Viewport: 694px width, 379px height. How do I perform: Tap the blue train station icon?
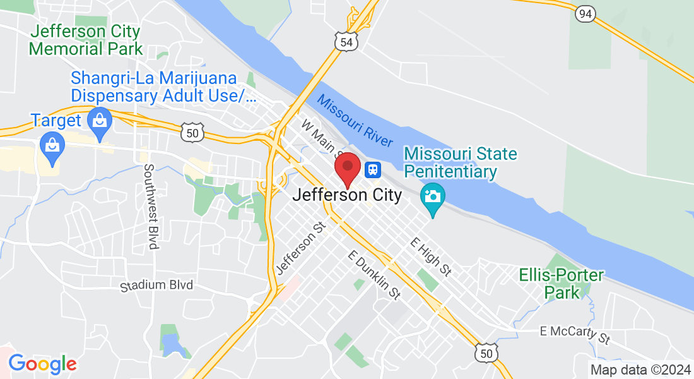click(x=372, y=169)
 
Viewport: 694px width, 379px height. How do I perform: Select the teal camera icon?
click(x=433, y=195)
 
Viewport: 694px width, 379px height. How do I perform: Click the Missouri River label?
click(x=355, y=121)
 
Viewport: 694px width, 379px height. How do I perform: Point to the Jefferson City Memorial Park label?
click(x=86, y=39)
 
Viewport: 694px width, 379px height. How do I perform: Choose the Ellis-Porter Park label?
click(x=561, y=284)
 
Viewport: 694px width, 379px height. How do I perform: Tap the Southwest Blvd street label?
click(x=150, y=207)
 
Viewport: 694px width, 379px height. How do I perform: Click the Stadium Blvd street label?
click(x=156, y=286)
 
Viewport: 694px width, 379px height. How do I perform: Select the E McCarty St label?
click(x=575, y=335)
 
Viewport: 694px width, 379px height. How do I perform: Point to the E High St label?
click(x=431, y=256)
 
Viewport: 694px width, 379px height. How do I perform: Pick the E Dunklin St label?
click(x=375, y=274)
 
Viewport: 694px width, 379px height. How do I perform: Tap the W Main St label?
click(x=321, y=139)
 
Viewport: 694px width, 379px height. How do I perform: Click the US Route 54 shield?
click(x=346, y=41)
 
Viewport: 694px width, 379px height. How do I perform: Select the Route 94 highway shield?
click(x=585, y=13)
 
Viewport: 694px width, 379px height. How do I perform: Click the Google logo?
click(x=42, y=364)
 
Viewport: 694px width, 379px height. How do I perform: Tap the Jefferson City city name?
click(x=347, y=195)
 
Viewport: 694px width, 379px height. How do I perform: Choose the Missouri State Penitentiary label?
click(x=460, y=162)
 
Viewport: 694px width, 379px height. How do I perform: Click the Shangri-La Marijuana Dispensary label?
click(x=163, y=88)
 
